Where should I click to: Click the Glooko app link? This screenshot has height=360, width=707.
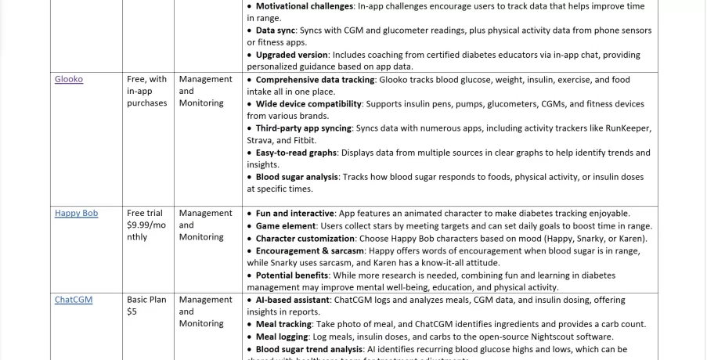tap(69, 79)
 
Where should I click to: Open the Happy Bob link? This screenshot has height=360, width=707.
tap(76, 213)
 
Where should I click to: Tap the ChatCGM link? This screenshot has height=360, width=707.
tap(73, 299)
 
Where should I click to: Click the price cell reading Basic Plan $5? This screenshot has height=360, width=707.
tap(146, 305)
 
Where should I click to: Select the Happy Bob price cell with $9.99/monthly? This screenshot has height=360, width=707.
tap(146, 225)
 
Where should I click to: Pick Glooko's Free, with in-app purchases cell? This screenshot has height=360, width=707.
tap(146, 91)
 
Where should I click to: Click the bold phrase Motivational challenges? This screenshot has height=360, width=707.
tap(305, 6)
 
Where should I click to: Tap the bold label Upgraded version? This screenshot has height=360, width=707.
tap(291, 55)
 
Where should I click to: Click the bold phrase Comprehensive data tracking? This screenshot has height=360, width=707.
tap(315, 80)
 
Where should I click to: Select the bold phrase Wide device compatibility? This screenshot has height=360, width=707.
tap(309, 104)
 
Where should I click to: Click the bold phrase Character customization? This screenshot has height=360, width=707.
tap(305, 239)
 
